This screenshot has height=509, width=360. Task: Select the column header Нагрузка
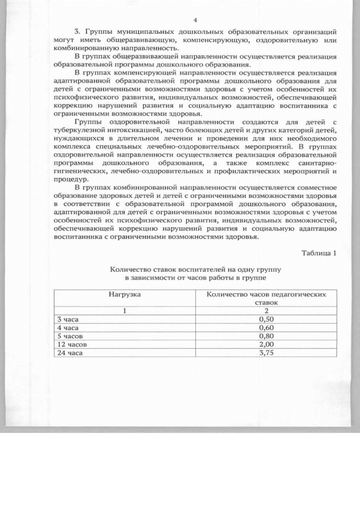[x=124, y=294]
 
